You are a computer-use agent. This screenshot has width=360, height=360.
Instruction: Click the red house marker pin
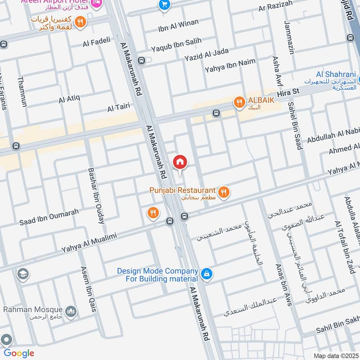[x=180, y=162]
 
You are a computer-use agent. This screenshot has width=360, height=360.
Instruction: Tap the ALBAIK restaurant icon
[x=239, y=103]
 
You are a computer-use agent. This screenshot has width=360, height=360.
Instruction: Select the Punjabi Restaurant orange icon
[x=224, y=193]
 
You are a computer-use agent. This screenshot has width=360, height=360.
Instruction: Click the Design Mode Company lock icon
[x=206, y=274]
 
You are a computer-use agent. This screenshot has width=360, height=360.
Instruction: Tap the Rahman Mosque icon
[x=71, y=311]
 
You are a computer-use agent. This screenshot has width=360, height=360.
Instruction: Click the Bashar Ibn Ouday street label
[x=97, y=195]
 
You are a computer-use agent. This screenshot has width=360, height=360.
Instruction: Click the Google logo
[x=18, y=353]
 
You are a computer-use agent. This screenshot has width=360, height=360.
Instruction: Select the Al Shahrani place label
[x=336, y=75]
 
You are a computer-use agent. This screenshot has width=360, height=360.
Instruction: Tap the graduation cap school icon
[x=22, y=274]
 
